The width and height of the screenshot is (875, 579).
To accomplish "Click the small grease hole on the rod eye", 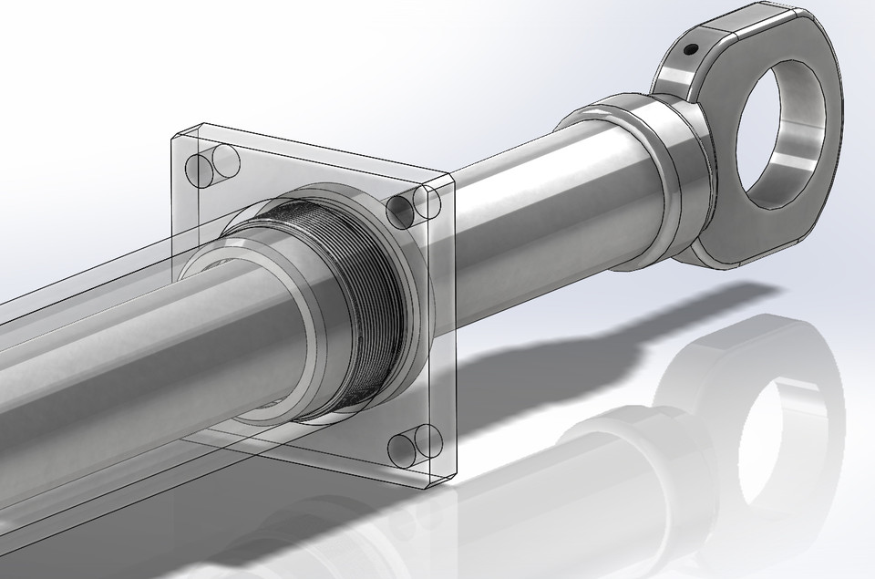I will pyautogui.click(x=692, y=50).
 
